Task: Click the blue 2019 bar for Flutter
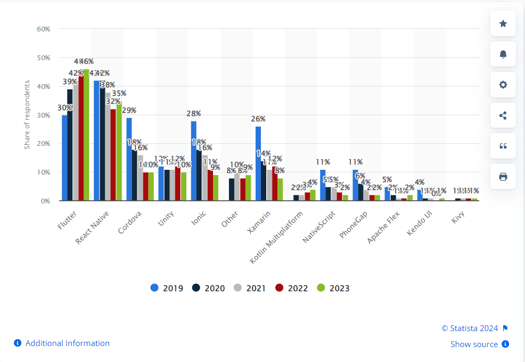coord(64,158)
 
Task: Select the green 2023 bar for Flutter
coord(86,135)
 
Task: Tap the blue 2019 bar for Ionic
coord(194,161)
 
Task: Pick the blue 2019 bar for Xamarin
coord(258,163)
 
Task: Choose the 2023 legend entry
coord(333,288)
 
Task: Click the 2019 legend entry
coord(167,288)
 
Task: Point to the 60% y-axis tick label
coord(43,29)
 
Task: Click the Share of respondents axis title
coord(27,114)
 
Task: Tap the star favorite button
coord(503,23)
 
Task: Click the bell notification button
coord(503,54)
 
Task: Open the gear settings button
coord(503,85)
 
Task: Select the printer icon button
coord(503,177)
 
